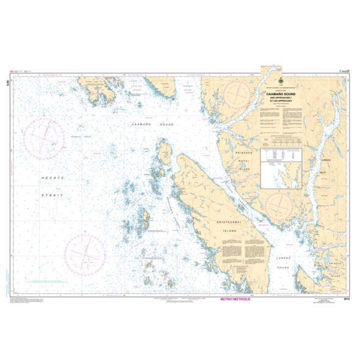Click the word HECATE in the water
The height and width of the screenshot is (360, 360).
(50, 176)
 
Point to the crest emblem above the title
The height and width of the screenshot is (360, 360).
(279, 83)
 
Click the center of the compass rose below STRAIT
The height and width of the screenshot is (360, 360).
(85, 253)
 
